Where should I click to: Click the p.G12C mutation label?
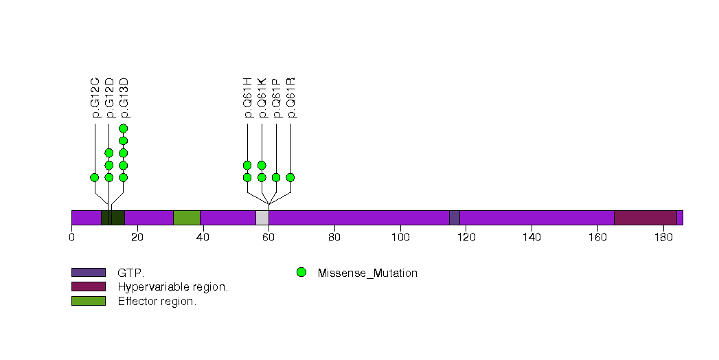[95, 98]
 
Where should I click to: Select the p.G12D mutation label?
[110, 98]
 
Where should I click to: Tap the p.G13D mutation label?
[124, 98]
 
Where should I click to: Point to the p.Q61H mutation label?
[247, 98]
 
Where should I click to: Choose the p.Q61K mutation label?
[262, 98]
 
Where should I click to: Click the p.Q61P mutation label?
[276, 98]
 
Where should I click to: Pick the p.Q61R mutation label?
[290, 98]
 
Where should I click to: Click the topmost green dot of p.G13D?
[124, 128]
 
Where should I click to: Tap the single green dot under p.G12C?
[95, 177]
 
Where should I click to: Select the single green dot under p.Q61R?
[290, 177]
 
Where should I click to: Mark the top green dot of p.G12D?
[109, 153]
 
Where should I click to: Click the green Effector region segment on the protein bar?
[186, 218]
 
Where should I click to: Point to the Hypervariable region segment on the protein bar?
[645, 218]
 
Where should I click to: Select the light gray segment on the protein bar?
[262, 218]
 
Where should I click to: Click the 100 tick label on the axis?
[400, 238]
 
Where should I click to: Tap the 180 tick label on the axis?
[663, 238]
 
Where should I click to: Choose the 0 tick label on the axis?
[71, 238]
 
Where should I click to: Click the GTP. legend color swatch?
[89, 273]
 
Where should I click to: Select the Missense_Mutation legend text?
[367, 273]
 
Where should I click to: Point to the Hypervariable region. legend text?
[173, 286]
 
